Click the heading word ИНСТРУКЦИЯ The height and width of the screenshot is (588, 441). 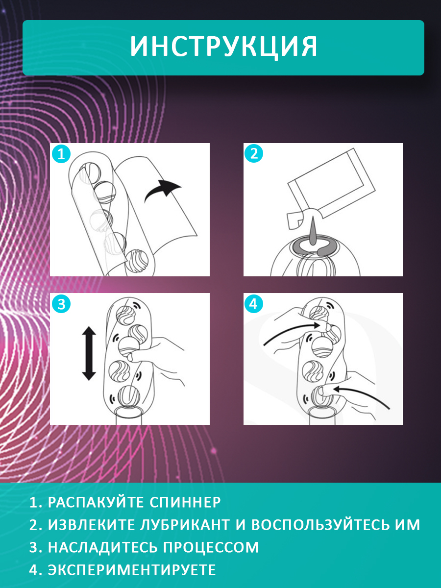(223, 47)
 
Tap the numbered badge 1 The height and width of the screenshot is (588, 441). (61, 154)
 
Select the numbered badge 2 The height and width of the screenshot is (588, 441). (253, 153)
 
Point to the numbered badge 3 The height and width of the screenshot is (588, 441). (61, 304)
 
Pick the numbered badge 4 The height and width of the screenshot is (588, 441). (253, 304)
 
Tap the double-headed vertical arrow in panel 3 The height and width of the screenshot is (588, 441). (89, 353)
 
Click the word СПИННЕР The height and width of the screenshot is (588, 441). (185, 502)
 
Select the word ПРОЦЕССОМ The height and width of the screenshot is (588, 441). (211, 547)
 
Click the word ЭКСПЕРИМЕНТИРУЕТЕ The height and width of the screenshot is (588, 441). (132, 569)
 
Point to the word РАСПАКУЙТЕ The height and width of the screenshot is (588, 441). (96, 502)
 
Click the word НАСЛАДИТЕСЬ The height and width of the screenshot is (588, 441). (103, 547)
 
